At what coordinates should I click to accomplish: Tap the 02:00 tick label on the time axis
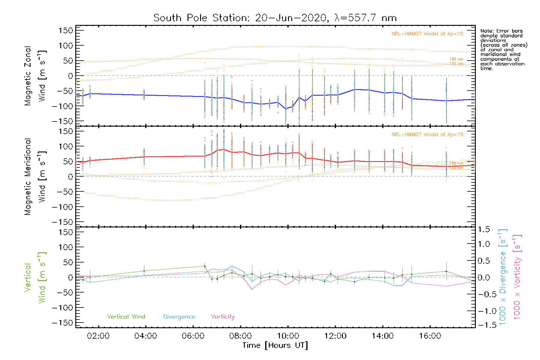click(98, 336)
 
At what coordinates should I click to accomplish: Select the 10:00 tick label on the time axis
click(288, 336)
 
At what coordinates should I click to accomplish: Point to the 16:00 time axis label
click(430, 336)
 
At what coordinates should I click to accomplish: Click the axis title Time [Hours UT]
click(275, 345)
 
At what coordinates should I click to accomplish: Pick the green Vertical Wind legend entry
click(126, 317)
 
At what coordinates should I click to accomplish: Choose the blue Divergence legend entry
click(179, 317)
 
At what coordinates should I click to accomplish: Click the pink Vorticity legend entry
click(223, 317)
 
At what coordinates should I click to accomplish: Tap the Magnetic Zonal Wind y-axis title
click(35, 76)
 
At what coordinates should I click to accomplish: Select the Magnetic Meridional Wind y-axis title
click(35, 177)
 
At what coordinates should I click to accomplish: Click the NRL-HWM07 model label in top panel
click(427, 34)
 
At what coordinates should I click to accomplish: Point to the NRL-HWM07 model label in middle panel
click(427, 135)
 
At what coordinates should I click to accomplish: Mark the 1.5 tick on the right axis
click(484, 229)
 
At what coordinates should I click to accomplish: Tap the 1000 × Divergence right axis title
click(502, 277)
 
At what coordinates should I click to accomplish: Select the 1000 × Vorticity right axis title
click(517, 277)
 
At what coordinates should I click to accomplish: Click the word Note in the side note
click(486, 31)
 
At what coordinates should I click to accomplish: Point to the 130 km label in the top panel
click(456, 59)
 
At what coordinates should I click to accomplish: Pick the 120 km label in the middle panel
click(456, 168)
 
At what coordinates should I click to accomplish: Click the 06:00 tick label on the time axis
click(193, 336)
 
